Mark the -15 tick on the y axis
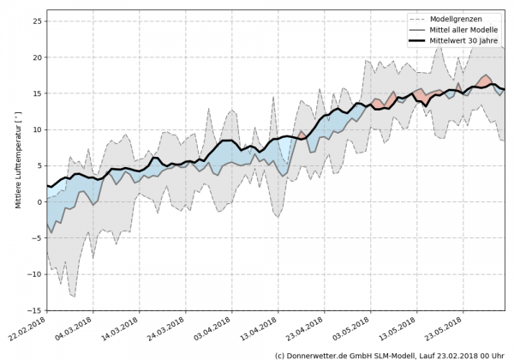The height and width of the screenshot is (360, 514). click(x=36, y=310)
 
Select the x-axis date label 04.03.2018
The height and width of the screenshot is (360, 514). click(x=74, y=331)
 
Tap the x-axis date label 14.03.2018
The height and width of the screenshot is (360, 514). click(x=120, y=331)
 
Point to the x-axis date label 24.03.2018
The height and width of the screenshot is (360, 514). click(x=166, y=331)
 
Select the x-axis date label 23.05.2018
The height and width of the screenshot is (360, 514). click(x=444, y=331)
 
